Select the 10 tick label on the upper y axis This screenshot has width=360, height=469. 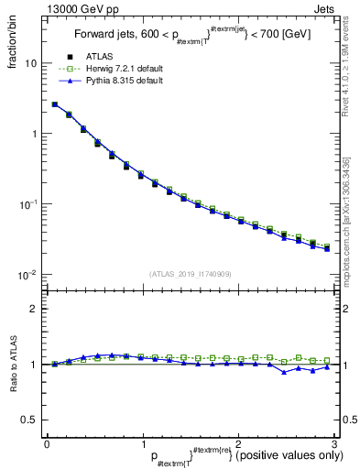tap(30, 64)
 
